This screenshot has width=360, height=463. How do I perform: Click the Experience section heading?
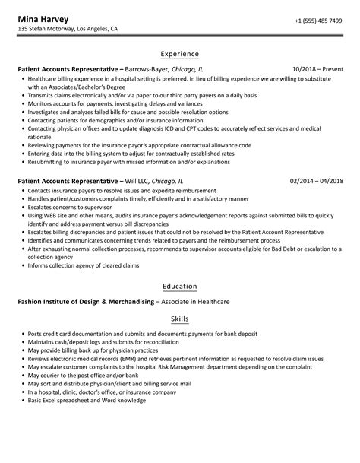point(180,54)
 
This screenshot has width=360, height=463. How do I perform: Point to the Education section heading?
point(180,286)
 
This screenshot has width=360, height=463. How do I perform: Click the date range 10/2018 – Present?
point(315,69)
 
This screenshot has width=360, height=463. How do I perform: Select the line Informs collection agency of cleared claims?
point(84,265)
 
